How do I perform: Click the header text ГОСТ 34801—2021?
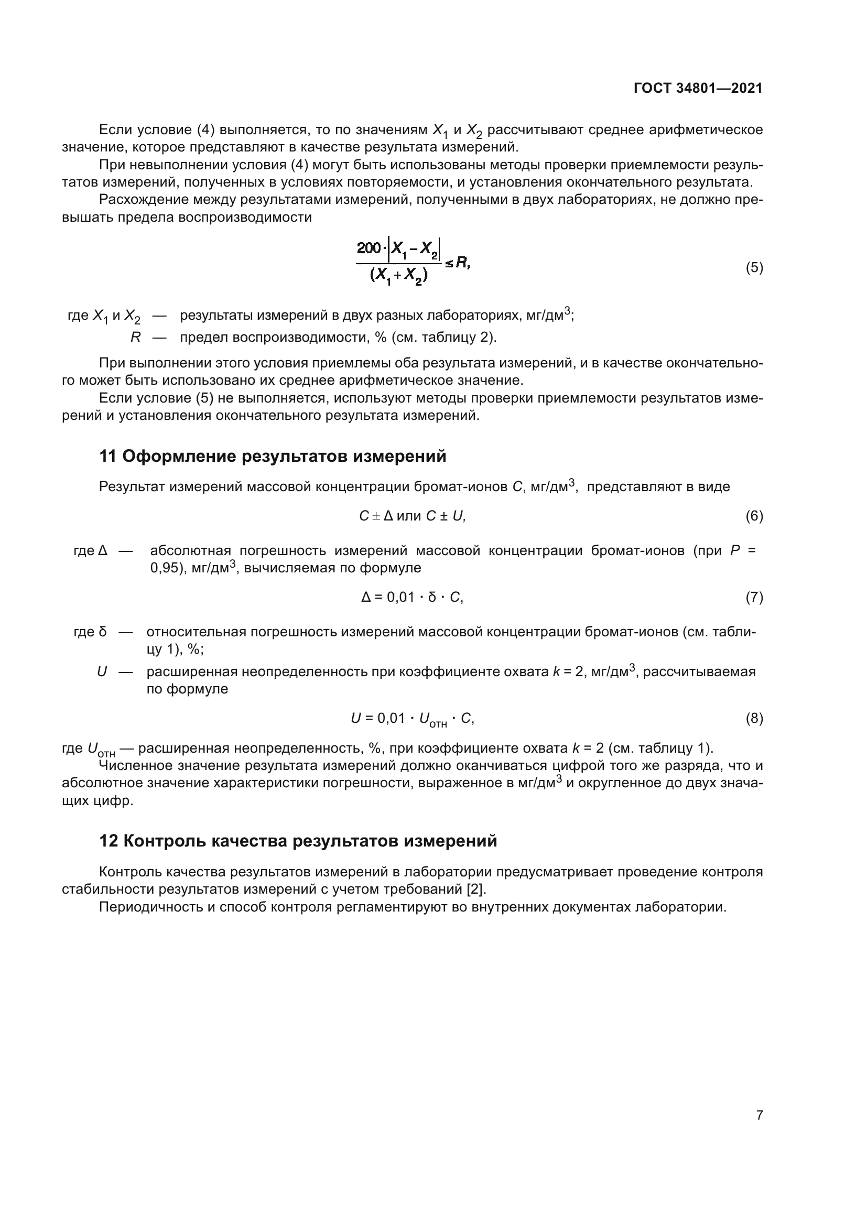point(698,88)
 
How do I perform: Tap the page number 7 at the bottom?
point(759,1115)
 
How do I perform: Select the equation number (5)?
point(754,267)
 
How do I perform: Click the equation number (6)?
point(754,516)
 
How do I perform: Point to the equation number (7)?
point(754,597)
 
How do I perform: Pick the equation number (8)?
point(754,718)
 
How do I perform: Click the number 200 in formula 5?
point(369,248)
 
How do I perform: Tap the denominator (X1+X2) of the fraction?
point(398,276)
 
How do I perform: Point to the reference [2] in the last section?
point(476,889)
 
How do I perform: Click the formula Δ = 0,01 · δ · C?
point(412,597)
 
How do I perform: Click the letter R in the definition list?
point(136,338)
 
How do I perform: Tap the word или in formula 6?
point(409,516)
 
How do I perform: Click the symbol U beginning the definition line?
point(102,672)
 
